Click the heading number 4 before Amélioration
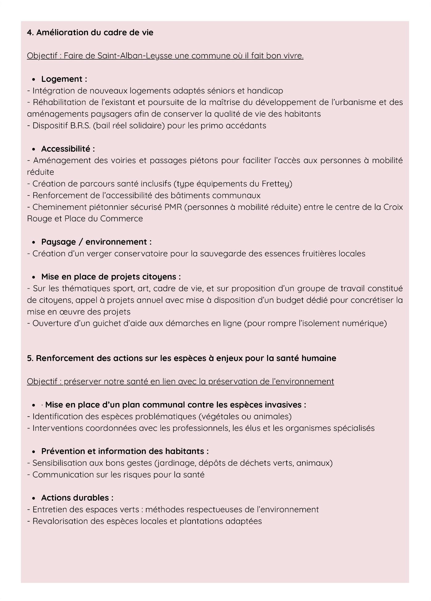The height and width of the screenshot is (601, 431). click(x=30, y=33)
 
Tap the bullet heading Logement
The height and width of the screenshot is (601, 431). click(x=64, y=79)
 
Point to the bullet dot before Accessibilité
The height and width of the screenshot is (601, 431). click(x=34, y=149)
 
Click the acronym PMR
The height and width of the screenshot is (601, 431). click(x=173, y=207)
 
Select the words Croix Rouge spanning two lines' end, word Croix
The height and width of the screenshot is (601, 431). click(x=393, y=207)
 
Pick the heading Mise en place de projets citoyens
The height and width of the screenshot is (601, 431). click(x=111, y=277)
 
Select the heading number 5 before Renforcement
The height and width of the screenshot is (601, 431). click(x=30, y=358)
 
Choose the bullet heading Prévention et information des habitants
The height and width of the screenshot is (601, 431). click(x=125, y=452)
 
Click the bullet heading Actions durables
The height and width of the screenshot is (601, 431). click(x=77, y=498)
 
